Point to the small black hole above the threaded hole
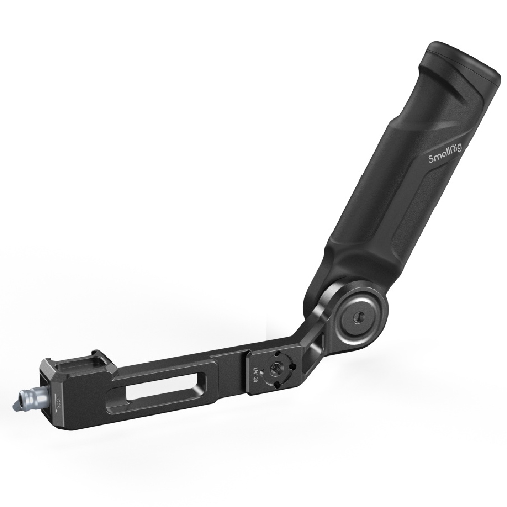coord(278,353)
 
